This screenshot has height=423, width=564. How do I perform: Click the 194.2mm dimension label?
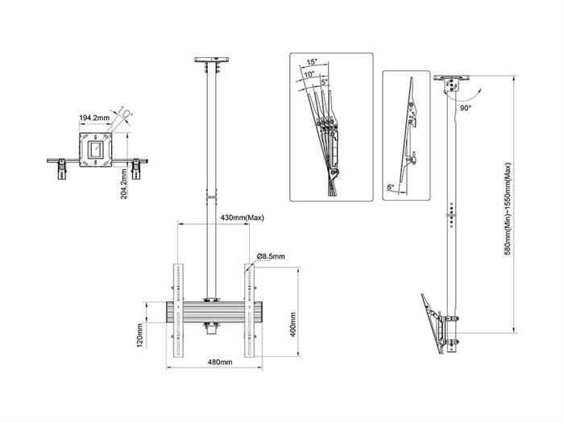tap(95, 118)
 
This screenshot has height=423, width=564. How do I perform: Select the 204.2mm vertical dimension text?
tap(122, 186)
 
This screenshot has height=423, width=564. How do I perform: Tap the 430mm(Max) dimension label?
tap(242, 218)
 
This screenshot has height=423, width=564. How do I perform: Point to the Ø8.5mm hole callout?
tap(271, 256)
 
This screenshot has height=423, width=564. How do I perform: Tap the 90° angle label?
tap(464, 106)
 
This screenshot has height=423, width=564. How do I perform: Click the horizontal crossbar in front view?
tap(214, 311)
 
